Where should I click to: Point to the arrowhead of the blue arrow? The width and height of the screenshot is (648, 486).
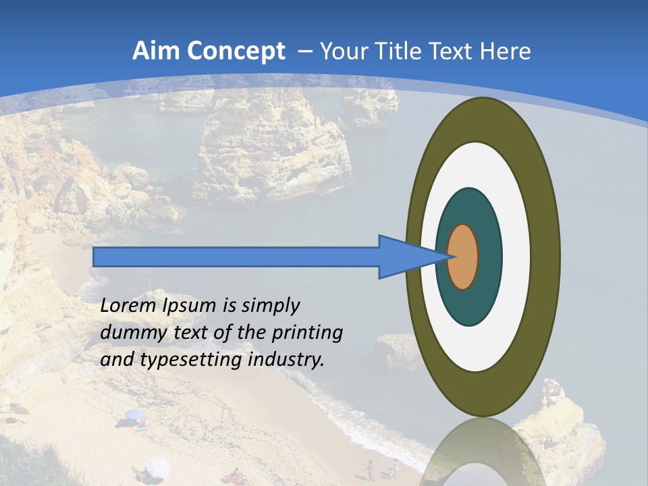412,256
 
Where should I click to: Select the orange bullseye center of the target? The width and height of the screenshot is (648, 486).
462,256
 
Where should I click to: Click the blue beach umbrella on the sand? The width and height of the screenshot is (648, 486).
134,414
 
